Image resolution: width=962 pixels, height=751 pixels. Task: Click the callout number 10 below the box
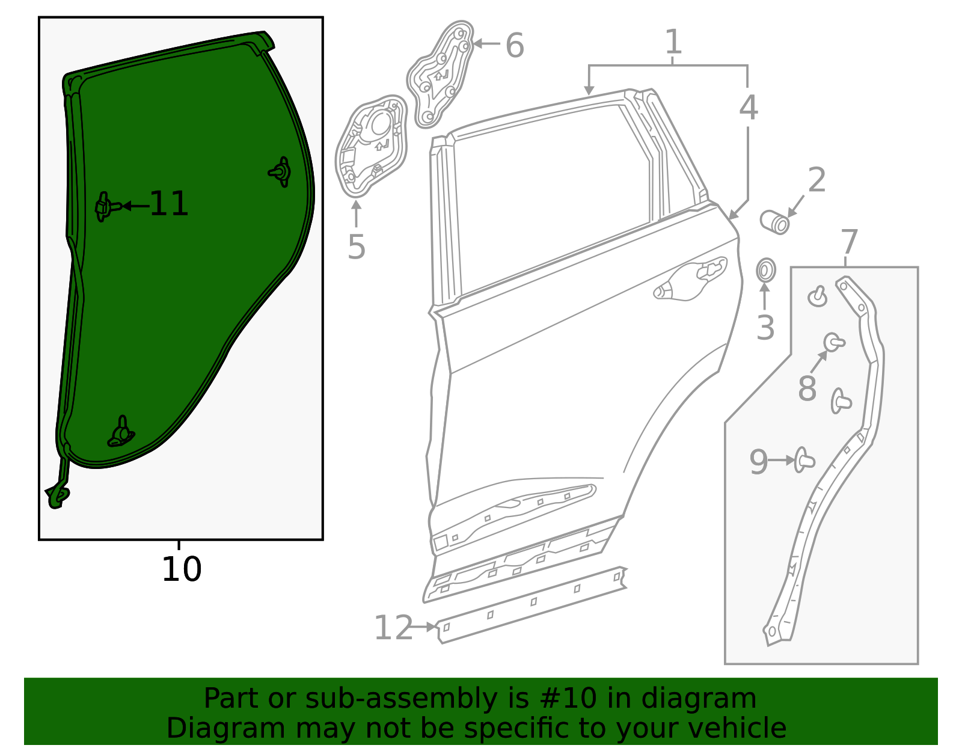coord(181,569)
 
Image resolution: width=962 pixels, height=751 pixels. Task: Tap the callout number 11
coord(169,204)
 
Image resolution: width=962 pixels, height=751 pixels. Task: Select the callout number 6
coord(515,45)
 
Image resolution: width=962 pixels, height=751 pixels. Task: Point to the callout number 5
coord(357,247)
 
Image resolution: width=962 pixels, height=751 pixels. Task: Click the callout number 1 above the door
coord(674,42)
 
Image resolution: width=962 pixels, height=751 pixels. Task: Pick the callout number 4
coord(748,108)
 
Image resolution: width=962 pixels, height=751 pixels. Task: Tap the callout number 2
coord(816,180)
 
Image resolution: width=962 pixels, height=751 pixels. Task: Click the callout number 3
coord(765,328)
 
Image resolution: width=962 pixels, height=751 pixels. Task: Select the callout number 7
coord(848,242)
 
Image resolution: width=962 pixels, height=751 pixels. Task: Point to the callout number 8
coord(807,388)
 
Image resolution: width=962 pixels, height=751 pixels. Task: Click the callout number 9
coord(758,462)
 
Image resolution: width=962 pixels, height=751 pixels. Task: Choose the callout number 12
coord(393,628)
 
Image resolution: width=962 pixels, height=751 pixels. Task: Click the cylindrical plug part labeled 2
coord(775,222)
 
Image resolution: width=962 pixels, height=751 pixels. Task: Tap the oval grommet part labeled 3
coord(765,271)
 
